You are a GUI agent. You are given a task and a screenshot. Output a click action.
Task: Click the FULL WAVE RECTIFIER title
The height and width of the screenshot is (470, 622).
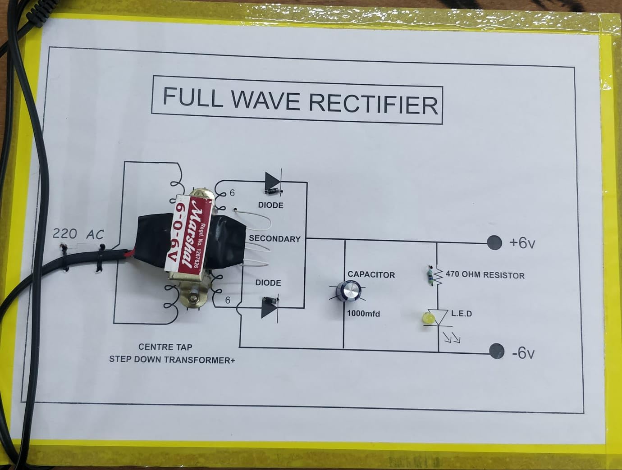(300, 101)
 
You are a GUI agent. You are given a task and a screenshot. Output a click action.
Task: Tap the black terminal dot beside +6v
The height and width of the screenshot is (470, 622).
(494, 242)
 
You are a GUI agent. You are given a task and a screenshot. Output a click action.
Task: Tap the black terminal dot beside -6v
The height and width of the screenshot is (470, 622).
(497, 351)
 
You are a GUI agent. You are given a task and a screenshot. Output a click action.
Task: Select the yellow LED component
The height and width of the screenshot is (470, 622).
(427, 318)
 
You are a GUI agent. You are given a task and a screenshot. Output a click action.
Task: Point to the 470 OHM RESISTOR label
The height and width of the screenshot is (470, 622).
(485, 275)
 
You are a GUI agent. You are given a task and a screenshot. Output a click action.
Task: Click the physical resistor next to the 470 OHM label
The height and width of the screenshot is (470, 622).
(430, 276)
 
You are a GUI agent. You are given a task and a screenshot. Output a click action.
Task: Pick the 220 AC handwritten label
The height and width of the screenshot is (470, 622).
(78, 234)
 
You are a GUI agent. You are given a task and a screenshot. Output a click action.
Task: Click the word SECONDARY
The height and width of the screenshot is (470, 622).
(274, 238)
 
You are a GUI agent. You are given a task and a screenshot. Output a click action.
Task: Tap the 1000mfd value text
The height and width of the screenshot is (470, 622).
(363, 313)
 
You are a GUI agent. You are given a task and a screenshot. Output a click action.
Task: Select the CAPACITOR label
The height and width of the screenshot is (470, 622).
(371, 274)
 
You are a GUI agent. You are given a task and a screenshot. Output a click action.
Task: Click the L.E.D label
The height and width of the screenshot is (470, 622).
(462, 313)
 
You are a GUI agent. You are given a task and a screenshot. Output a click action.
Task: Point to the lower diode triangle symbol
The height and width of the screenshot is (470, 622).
(270, 309)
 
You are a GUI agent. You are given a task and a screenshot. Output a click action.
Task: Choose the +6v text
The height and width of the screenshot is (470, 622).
(522, 243)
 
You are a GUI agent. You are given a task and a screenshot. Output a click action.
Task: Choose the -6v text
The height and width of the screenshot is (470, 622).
(523, 353)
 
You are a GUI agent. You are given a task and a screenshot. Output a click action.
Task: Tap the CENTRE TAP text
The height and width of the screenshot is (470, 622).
(165, 347)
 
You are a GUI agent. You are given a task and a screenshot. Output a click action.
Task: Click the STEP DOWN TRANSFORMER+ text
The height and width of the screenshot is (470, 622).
(172, 360)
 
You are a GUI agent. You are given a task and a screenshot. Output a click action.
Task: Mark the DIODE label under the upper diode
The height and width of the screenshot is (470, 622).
(270, 205)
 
